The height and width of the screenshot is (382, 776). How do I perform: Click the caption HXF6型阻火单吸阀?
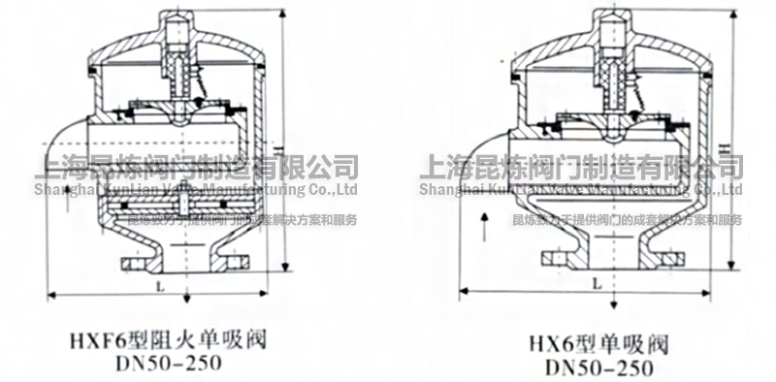166,340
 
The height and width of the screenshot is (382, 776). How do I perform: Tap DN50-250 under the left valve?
166,363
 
